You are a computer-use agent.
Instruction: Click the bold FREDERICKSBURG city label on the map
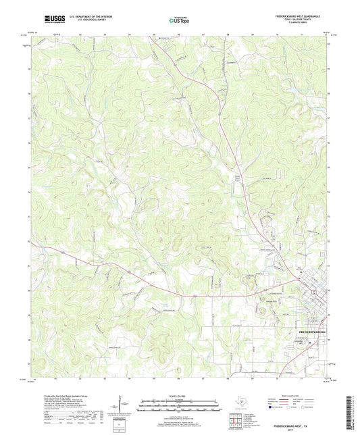click(x=312, y=333)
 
